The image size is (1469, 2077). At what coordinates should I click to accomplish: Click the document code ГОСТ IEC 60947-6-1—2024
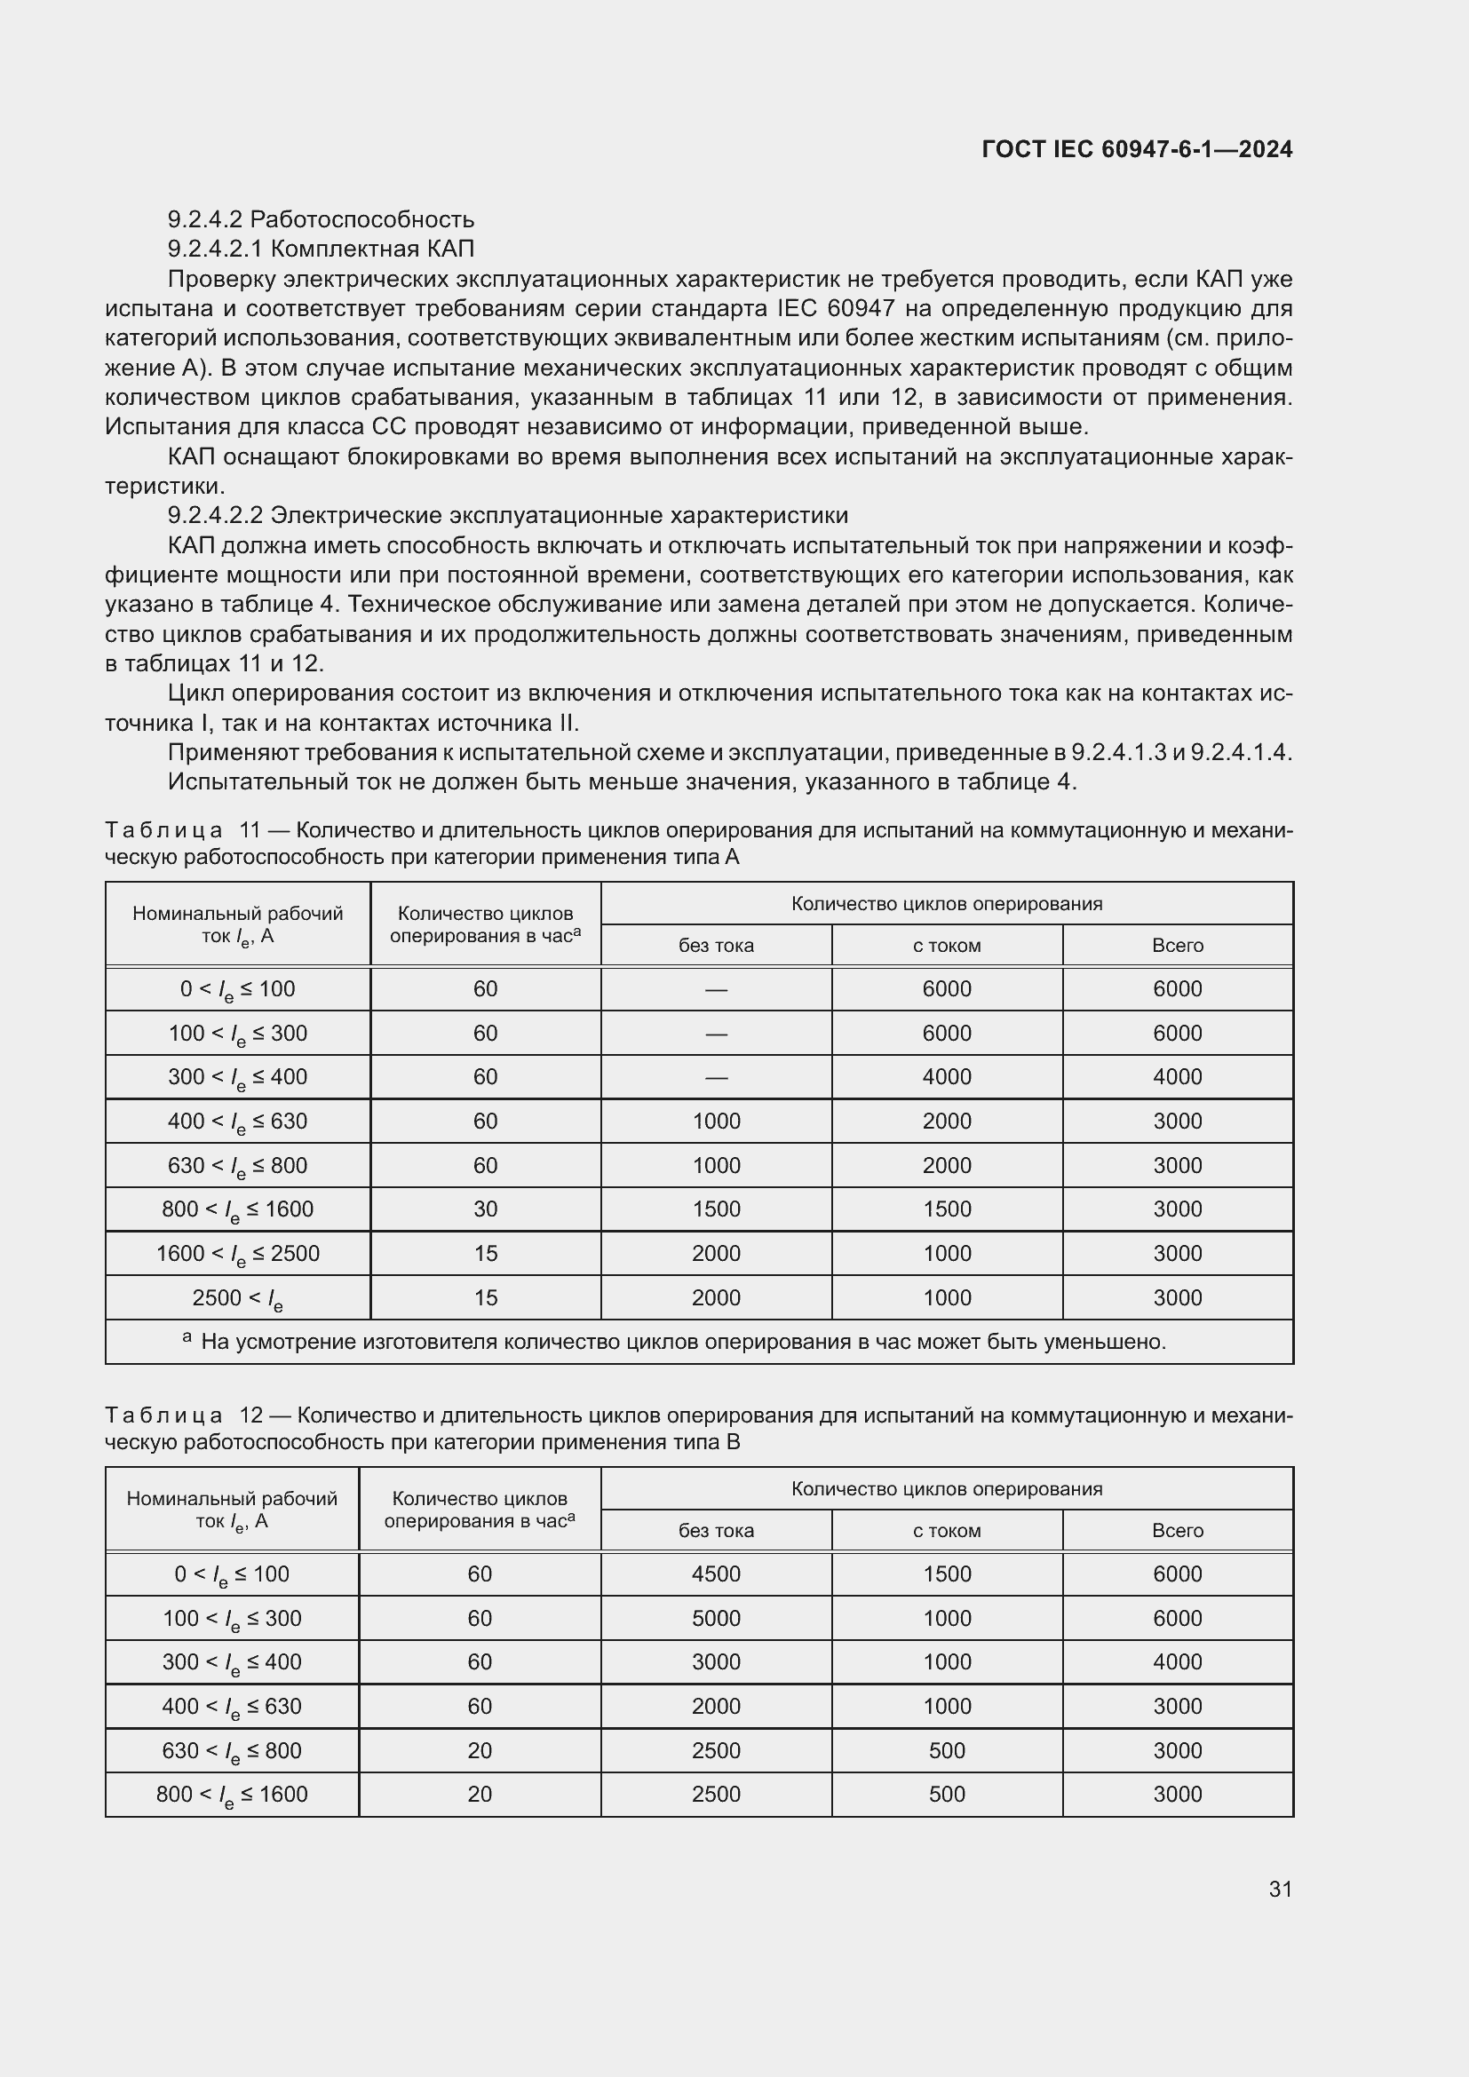pos(1136,149)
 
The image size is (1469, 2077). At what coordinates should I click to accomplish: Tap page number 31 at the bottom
pos(1280,1889)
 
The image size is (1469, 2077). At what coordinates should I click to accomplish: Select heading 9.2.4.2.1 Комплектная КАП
pos(321,249)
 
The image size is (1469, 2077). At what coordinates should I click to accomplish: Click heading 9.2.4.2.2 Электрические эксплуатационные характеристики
pos(507,516)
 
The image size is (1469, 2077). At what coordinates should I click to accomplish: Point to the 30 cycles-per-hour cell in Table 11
pos(485,1209)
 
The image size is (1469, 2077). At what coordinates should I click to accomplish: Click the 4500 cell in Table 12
pos(716,1574)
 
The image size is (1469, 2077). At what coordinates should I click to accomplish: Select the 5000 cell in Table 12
pos(716,1619)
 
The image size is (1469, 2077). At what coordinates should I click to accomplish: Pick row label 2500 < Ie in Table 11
pos(237,1298)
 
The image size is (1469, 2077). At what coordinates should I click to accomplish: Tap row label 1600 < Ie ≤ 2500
pos(237,1254)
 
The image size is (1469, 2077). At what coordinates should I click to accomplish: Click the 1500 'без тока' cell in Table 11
pos(716,1209)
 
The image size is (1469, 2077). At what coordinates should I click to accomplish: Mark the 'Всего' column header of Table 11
pos(1177,946)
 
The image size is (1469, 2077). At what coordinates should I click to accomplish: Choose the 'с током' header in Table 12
pos(946,1531)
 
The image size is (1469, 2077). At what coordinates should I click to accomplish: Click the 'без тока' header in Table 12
pos(716,1531)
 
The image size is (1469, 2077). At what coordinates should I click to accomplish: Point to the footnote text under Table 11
pos(683,1342)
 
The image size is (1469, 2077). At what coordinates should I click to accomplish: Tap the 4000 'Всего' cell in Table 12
pos(1177,1661)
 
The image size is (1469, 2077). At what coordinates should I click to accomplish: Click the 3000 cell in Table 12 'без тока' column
pos(716,1661)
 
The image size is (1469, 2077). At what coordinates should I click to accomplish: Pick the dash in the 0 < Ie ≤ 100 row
pos(716,989)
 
